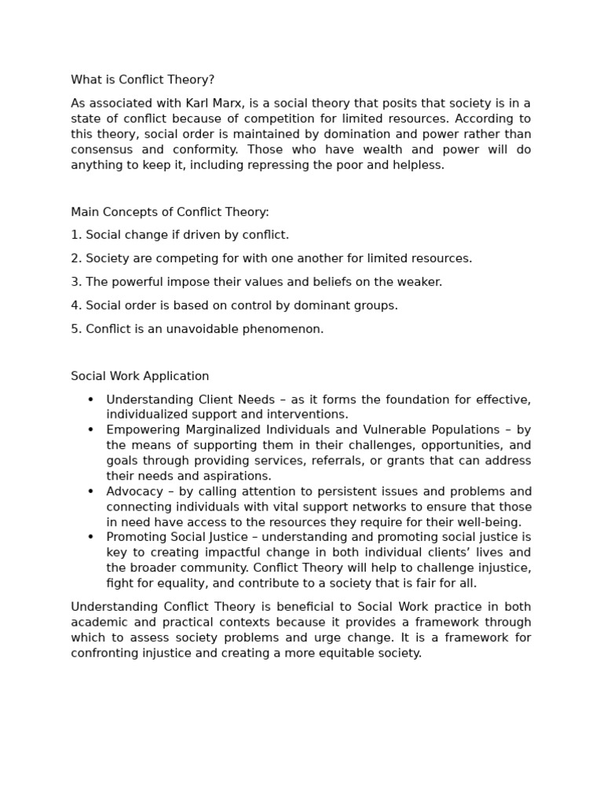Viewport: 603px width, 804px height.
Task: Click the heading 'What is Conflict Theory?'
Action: coord(142,80)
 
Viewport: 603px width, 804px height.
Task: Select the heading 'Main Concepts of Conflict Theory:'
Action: coord(170,212)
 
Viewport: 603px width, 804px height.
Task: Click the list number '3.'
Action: coord(76,283)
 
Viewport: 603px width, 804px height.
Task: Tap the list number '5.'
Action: coord(76,330)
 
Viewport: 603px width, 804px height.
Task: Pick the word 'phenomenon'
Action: coord(286,330)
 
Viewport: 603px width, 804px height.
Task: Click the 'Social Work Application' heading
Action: coord(140,377)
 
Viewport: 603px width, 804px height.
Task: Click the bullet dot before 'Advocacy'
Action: coord(91,492)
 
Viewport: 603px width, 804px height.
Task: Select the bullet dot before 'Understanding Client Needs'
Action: coord(91,400)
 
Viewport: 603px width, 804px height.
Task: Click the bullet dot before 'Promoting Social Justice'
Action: coord(91,538)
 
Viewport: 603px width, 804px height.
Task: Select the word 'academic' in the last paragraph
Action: coord(98,623)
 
